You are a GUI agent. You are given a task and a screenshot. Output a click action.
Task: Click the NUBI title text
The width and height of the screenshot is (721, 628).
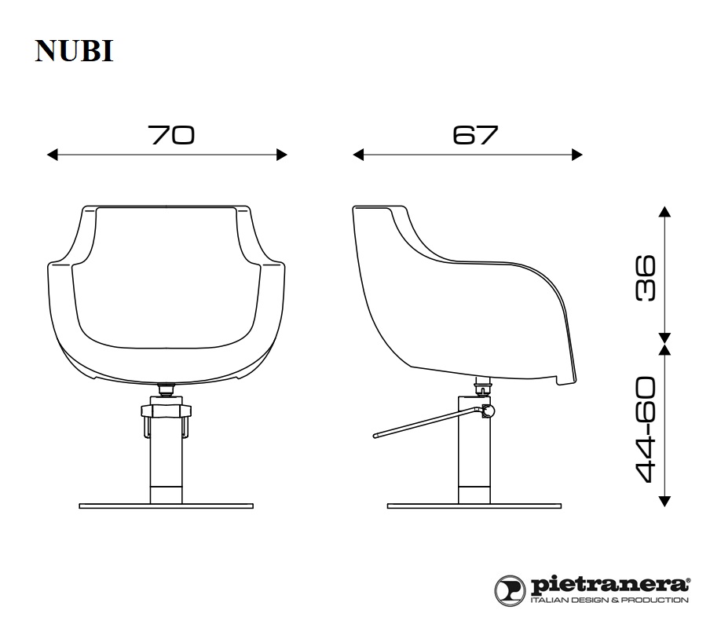click(x=74, y=50)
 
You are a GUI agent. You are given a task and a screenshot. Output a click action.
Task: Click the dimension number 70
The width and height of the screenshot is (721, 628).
click(x=171, y=135)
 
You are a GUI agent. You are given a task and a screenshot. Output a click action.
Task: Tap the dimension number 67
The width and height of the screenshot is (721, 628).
click(x=475, y=135)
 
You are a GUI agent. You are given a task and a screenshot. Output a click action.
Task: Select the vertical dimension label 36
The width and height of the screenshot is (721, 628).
click(x=646, y=278)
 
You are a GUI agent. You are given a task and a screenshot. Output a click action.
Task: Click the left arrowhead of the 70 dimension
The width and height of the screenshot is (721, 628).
click(x=53, y=155)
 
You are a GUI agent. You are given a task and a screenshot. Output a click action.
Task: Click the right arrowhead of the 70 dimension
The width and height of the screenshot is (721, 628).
click(x=282, y=155)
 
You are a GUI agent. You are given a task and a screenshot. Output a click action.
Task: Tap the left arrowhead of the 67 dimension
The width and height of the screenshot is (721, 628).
click(x=358, y=155)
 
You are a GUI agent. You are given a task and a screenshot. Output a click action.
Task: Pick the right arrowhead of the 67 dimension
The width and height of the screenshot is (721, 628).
click(x=577, y=155)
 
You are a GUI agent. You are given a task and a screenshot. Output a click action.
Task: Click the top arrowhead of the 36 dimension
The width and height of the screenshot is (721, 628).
click(x=664, y=211)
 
